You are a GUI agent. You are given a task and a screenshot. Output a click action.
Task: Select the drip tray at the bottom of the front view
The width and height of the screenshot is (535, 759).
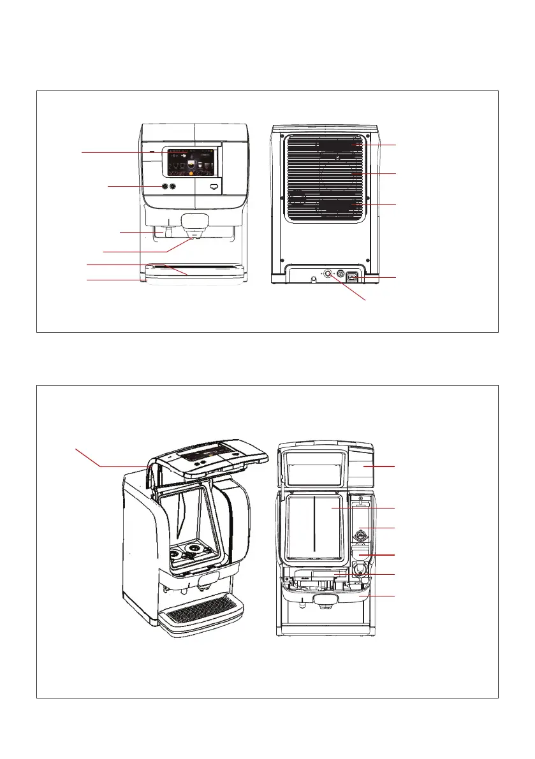[x=194, y=271]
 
